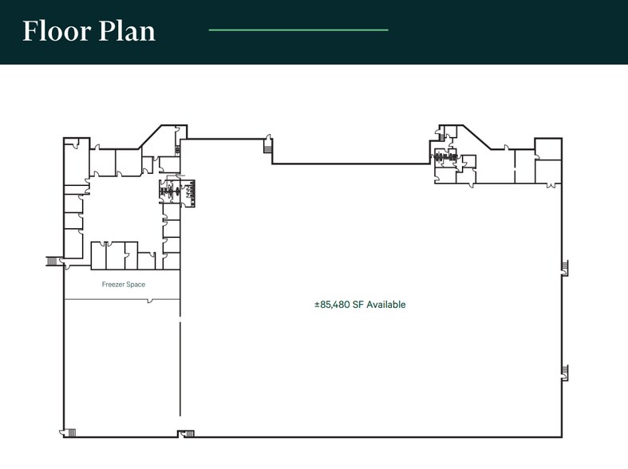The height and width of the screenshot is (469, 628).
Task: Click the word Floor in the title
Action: [x=57, y=31]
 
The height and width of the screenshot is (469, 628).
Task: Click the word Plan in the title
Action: [x=127, y=31]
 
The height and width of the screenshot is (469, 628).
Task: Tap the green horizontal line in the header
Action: [x=298, y=30]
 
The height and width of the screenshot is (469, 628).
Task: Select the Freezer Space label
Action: [x=124, y=285]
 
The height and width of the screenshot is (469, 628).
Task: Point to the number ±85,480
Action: [x=332, y=305]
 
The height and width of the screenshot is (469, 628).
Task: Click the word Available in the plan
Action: [x=386, y=305]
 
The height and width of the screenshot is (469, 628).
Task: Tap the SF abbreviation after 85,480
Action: [x=358, y=305]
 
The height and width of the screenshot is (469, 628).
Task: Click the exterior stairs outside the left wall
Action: [x=52, y=262]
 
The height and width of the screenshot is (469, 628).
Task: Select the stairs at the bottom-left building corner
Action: [x=71, y=432]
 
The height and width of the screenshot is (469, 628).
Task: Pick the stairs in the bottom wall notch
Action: [x=189, y=434]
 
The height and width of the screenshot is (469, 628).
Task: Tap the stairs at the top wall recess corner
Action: [x=267, y=146]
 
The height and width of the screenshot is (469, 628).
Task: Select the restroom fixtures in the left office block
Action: [x=177, y=191]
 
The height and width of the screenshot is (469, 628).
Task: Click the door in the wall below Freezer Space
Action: [x=150, y=301]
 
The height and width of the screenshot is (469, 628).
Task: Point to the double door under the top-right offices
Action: [x=553, y=185]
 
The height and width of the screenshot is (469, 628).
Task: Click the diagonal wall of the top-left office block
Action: [x=151, y=137]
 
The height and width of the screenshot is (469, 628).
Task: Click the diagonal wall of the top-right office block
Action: [x=477, y=137]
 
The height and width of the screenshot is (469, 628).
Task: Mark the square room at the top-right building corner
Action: [x=548, y=149]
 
